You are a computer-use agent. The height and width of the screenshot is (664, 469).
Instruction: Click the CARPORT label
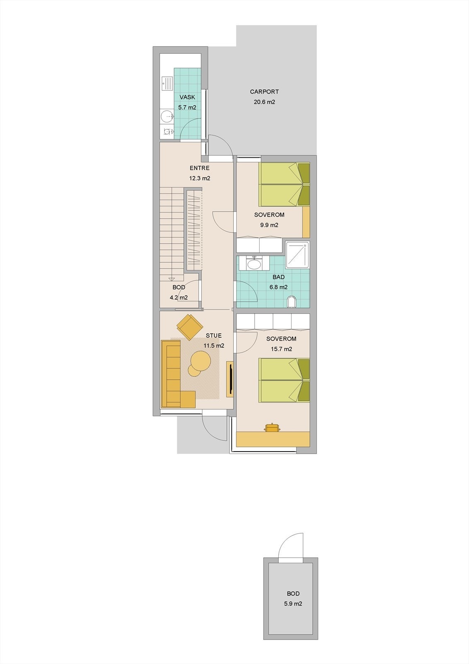click(264, 92)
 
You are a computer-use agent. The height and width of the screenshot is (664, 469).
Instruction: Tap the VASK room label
click(187, 97)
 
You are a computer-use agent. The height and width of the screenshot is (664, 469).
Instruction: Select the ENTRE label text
click(199, 168)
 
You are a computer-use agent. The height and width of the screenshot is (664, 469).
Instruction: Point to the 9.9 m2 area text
click(269, 225)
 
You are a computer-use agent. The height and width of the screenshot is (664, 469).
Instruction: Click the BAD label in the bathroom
click(278, 277)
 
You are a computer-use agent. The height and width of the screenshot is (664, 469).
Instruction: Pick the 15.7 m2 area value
click(281, 349)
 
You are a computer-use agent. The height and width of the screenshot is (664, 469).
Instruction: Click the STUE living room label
click(214, 335)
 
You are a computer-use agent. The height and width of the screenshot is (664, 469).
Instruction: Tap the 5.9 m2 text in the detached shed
click(293, 604)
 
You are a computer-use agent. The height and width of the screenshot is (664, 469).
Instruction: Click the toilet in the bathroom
click(292, 302)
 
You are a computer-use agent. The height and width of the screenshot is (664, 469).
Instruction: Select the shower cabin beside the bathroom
click(297, 253)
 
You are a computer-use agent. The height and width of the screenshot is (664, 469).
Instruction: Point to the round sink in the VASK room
click(167, 116)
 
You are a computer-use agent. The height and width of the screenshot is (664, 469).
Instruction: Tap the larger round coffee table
click(201, 361)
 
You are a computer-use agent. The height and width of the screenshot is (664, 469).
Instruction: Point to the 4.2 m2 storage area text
click(178, 298)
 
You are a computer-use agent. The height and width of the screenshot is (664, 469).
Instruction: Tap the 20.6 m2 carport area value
click(264, 102)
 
